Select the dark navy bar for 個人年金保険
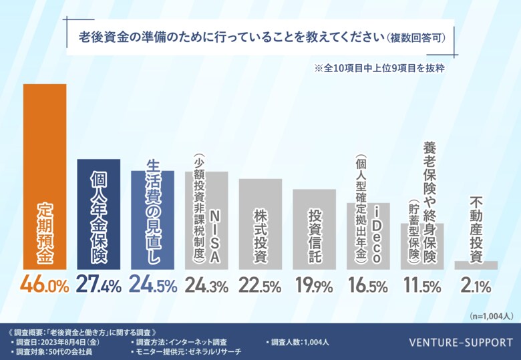click(99, 214)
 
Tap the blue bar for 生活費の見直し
click(152, 220)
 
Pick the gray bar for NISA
click(206, 220)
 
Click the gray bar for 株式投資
click(260, 224)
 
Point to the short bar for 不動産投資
click(476, 265)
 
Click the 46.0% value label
click(45, 286)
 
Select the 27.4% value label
click(99, 286)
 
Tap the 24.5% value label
click(152, 286)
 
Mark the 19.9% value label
click(314, 286)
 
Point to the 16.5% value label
click(368, 286)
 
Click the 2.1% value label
click(476, 286)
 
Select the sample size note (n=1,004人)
click(491, 315)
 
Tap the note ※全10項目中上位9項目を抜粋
click(379, 68)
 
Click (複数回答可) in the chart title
click(416, 37)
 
